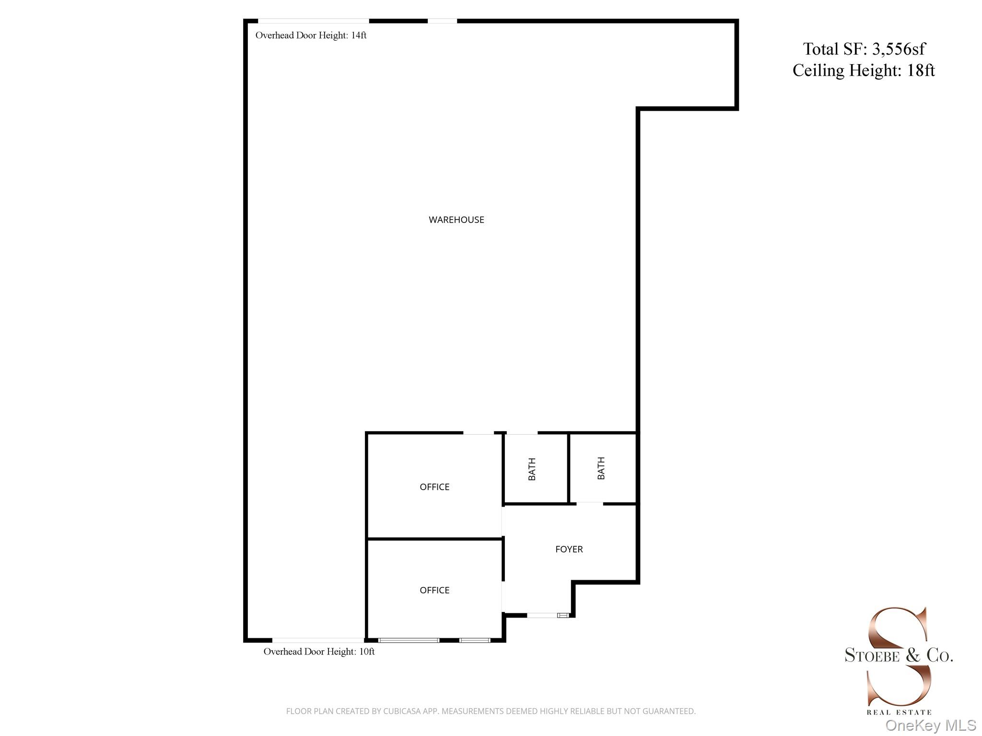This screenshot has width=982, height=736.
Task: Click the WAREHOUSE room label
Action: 456,220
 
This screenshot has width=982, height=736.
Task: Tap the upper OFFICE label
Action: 434,487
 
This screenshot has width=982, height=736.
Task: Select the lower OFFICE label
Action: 434,590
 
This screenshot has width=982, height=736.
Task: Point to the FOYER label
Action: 569,549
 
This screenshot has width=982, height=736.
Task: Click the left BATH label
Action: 532,469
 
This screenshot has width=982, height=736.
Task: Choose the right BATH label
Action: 601,468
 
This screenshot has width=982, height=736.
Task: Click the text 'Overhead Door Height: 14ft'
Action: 311,35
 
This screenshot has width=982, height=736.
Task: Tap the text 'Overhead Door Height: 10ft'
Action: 319,652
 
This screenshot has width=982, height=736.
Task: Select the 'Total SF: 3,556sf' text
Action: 864,49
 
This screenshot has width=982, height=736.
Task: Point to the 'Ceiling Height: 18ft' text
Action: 864,70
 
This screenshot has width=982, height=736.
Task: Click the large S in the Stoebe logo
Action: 898,656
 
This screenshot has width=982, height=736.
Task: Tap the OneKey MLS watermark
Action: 930,725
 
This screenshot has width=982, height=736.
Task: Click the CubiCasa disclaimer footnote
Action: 491,711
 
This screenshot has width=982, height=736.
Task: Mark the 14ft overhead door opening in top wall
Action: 314,21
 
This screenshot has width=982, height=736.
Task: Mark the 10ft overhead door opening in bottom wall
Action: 318,640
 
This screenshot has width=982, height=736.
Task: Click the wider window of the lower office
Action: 409,640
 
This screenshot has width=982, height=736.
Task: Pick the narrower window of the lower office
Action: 475,640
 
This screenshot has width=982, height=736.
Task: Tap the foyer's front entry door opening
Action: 542,615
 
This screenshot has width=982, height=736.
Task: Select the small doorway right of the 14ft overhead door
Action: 442,21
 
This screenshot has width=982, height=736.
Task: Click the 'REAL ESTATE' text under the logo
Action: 899,713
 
